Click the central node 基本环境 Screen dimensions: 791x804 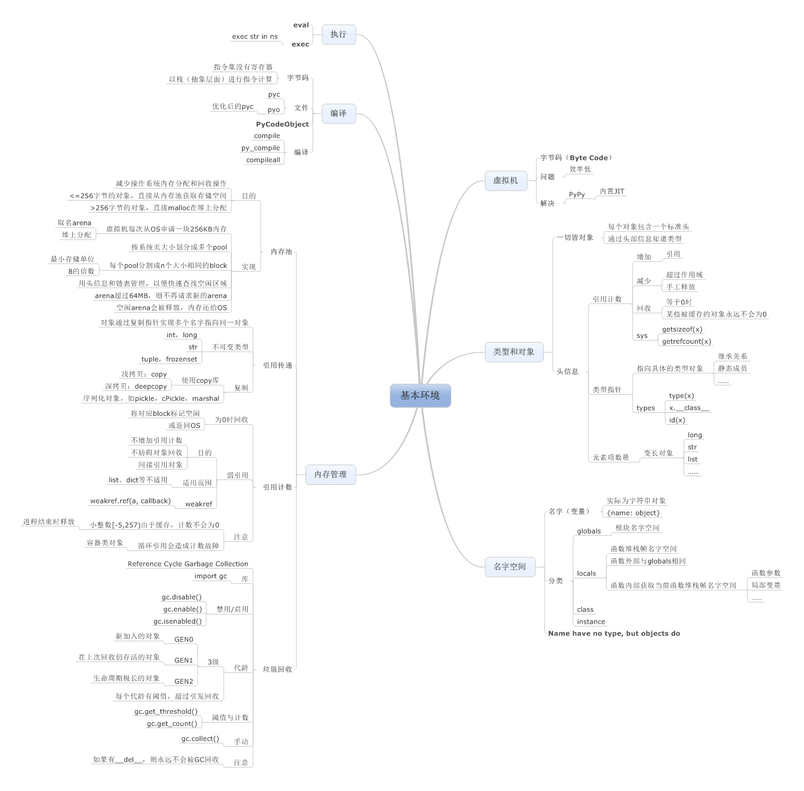420,395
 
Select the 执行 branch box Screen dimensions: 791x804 339,34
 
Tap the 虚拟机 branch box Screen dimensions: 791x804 505,180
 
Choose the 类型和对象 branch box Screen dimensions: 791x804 514,352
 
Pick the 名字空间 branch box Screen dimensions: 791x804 509,567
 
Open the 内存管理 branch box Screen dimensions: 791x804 330,474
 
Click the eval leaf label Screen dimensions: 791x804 301,25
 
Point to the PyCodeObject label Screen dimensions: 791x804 282,124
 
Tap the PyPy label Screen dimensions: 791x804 576,195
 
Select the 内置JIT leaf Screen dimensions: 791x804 612,191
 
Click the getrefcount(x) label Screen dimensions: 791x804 686,342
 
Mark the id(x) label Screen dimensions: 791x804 677,420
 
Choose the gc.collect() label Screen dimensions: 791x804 200,739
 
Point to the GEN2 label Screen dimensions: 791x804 184,682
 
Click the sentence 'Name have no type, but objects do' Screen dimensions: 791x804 614,634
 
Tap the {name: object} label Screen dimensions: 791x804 633,513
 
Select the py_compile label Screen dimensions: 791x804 260,148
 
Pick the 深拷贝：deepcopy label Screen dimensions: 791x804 136,386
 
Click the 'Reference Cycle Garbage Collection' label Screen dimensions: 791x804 188,564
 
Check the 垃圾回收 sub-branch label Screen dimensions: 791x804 277,669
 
